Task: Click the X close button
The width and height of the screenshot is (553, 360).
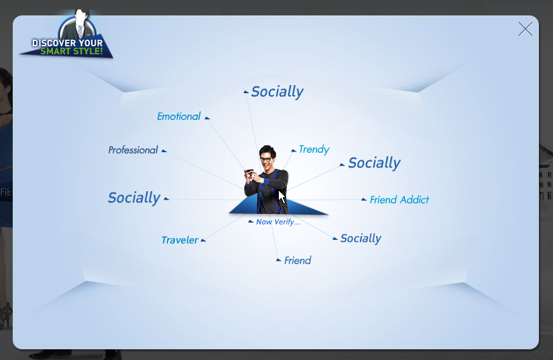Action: pos(525,29)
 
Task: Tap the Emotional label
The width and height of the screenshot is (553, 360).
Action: pos(178,117)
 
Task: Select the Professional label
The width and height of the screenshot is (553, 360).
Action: pos(133,150)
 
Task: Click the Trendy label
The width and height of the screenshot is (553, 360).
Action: pos(314,149)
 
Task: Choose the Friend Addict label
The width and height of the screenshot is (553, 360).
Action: pos(400,200)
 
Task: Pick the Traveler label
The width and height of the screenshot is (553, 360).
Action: pos(180,240)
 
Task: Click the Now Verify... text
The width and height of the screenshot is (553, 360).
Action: pos(278,222)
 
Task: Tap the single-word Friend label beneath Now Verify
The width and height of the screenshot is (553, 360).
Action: pos(298,261)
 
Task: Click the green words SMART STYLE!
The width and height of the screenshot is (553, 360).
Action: pos(72,52)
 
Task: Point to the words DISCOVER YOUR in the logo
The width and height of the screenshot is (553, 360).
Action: pos(67,43)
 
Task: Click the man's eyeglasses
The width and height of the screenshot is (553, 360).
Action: pos(266,160)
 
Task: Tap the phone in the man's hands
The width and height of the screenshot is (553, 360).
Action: pos(249,172)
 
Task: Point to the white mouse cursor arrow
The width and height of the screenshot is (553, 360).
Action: pos(282,196)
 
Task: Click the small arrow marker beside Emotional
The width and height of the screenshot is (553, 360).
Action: pos(207,118)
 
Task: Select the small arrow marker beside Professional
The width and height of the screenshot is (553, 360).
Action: pos(164,151)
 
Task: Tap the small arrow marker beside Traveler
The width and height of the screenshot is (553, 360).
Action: pos(203,241)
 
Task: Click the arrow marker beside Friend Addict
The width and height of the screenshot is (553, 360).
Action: pos(363,200)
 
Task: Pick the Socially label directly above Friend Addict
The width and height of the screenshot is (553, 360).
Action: pos(374,164)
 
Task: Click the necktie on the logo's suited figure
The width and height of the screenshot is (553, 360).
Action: pos(80,31)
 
